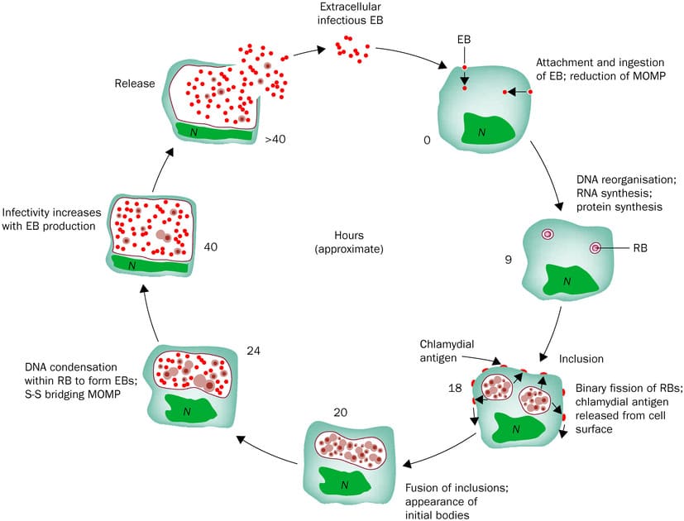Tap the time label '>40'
[275, 140]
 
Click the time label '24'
[253, 351]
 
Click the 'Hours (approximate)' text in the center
[349, 241]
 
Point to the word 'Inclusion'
[581, 359]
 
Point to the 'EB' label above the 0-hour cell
[464, 39]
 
